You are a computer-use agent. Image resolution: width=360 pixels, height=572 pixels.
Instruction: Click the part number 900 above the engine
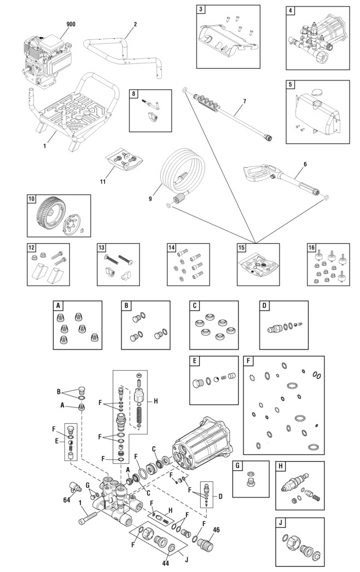coord(71,24)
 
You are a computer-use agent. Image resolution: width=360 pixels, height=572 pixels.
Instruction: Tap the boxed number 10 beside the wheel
coord(32,199)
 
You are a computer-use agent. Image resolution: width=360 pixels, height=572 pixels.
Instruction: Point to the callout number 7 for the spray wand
coord(244,101)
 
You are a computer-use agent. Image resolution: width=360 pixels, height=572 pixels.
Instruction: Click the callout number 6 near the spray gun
coord(305,164)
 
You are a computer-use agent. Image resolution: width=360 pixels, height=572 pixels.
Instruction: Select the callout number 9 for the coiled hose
coord(150,199)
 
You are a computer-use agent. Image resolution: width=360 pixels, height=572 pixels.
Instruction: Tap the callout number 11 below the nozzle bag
coord(103,182)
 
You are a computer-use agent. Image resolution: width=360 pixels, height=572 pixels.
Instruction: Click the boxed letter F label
coord(248,361)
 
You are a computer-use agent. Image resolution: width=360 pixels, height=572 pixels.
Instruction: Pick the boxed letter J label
coord(281,522)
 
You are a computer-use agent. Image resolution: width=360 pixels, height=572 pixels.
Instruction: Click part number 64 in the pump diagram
coord(66,500)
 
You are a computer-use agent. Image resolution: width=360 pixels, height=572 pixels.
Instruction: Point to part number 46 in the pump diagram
coord(216,530)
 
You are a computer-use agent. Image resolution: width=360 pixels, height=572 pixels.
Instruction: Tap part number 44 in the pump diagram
coord(165,563)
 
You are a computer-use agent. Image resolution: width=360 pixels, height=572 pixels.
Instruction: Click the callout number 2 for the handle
coord(135,25)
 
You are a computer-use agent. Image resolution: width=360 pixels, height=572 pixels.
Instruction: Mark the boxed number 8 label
coord(133,94)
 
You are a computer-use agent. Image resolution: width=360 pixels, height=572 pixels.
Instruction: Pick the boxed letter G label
coord(237,466)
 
